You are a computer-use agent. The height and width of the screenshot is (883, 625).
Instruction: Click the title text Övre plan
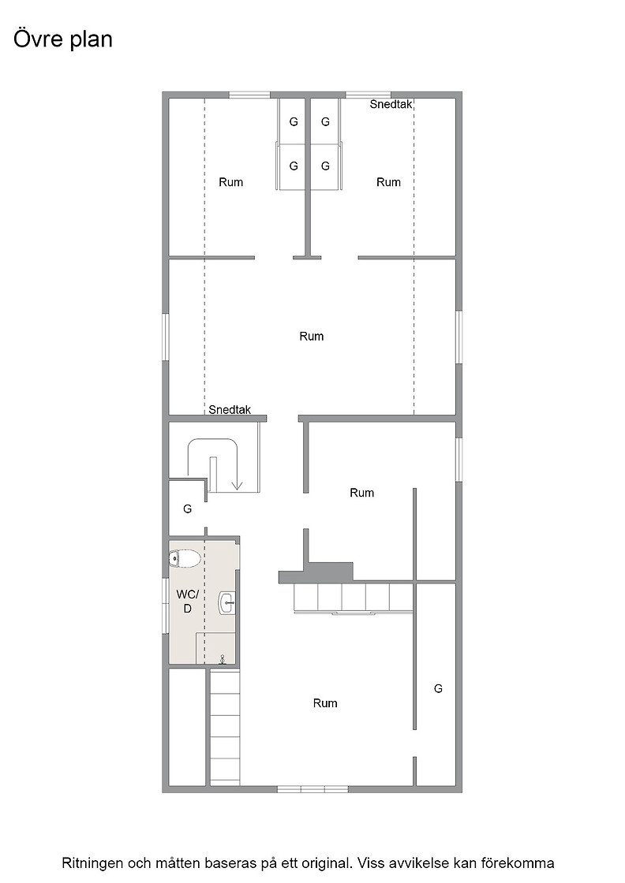pyautogui.click(x=63, y=40)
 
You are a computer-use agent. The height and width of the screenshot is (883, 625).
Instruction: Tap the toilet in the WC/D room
pyautogui.click(x=185, y=559)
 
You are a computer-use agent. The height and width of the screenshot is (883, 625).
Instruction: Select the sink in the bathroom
pyautogui.click(x=226, y=603)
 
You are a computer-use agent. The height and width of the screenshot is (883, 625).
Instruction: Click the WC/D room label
pyautogui.click(x=187, y=601)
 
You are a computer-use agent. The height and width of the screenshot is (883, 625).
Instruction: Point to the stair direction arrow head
pyautogui.click(x=237, y=486)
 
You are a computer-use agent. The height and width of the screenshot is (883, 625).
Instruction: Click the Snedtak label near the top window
pyautogui.click(x=391, y=104)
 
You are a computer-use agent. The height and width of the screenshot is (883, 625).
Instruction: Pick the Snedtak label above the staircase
pyautogui.click(x=230, y=410)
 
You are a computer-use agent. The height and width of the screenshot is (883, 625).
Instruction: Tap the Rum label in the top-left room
pyautogui.click(x=231, y=182)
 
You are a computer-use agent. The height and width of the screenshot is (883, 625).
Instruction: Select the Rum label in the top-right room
pyautogui.click(x=388, y=182)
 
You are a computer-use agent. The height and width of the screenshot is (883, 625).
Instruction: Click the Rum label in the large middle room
pyautogui.click(x=312, y=336)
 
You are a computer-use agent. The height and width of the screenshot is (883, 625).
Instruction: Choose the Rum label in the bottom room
pyautogui.click(x=325, y=702)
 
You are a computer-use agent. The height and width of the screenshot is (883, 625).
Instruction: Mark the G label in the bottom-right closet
pyautogui.click(x=438, y=688)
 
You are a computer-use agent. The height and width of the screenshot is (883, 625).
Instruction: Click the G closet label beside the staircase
pyautogui.click(x=188, y=509)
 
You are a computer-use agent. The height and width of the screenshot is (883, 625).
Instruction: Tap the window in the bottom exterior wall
pyautogui.click(x=312, y=789)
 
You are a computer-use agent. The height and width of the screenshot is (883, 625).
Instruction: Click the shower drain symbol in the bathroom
pyautogui.click(x=223, y=658)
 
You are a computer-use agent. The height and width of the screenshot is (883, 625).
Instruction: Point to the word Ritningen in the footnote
pyautogui.click(x=90, y=863)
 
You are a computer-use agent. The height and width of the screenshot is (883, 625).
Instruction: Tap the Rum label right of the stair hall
pyautogui.click(x=361, y=493)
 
